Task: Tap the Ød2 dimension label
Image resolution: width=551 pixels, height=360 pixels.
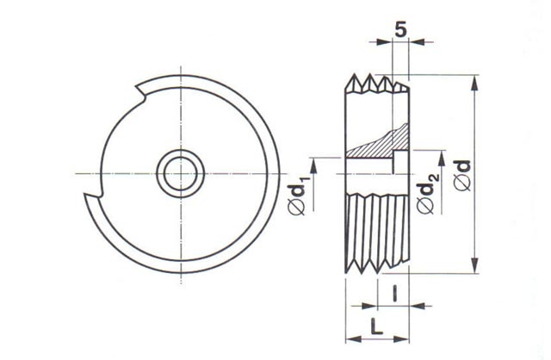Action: point(426,193)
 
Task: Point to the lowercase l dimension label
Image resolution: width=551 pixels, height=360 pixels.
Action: point(395,294)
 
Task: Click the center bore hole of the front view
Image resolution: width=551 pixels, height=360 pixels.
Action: point(181,174)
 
